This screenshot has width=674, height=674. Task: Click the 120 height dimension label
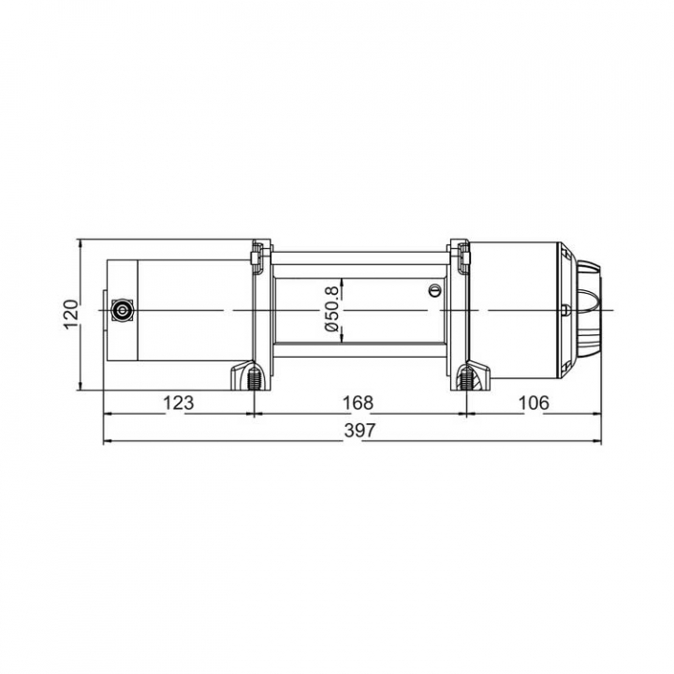point(71,314)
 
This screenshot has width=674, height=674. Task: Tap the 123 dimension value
point(179,403)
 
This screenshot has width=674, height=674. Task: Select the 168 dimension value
point(358,403)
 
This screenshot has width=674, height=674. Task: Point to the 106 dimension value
point(534,403)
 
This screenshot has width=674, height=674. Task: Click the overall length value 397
point(360,431)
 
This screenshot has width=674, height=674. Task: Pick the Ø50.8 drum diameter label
point(332,311)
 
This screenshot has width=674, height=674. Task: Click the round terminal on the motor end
point(122,310)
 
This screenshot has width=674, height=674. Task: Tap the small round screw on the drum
point(434,290)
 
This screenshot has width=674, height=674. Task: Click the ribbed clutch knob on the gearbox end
point(589,310)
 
